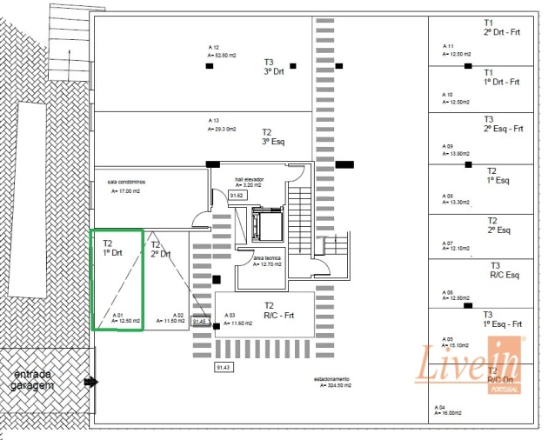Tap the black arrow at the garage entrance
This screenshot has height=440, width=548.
(90, 381)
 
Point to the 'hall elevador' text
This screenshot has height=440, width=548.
(249, 179)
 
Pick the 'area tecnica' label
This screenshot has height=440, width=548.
(267, 258)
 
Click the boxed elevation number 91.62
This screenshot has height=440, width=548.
(237, 196)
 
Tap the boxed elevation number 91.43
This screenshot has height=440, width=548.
(223, 368)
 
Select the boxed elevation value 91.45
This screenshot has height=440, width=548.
(200, 322)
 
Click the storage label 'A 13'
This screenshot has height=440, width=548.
(214, 120)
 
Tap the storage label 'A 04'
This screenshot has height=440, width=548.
(440, 408)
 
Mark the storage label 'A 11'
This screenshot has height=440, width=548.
(448, 45)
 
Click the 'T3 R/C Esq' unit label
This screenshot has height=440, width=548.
(505, 270)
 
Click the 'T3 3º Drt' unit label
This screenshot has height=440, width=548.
(270, 67)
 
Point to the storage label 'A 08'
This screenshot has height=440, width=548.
(448, 196)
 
